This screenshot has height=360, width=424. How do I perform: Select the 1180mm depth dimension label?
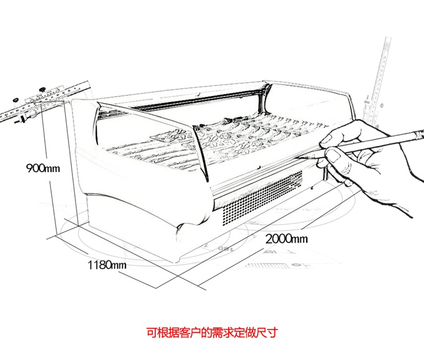[107, 265]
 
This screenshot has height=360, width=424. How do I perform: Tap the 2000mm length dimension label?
[286, 238]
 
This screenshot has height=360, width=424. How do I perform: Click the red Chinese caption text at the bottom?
[212, 332]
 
